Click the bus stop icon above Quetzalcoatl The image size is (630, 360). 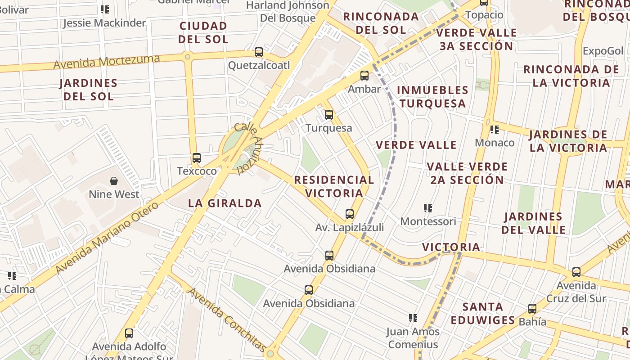point(258,52)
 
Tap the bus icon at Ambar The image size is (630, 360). point(364,76)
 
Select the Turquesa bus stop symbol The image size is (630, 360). point(329,115)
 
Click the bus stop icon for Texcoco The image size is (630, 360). point(196,158)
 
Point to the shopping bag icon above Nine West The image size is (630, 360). point(114,181)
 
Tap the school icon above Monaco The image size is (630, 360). point(495,130)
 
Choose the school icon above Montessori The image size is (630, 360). point(427,208)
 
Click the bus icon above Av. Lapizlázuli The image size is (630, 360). point(350,214)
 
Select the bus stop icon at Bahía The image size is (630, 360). point(532,309)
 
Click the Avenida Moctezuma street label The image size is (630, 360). point(107,62)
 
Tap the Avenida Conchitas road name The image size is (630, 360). point(227,319)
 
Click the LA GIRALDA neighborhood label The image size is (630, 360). point(225,203)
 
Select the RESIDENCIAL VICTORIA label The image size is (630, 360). point(334,186)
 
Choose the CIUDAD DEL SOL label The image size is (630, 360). point(203,32)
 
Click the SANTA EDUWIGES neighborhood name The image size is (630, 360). point(483,314)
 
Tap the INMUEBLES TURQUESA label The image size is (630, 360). point(432,97)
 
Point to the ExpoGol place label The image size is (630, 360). point(603,51)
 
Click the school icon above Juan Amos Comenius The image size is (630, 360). point(413,318)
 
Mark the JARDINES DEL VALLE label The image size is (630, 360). point(533,223)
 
